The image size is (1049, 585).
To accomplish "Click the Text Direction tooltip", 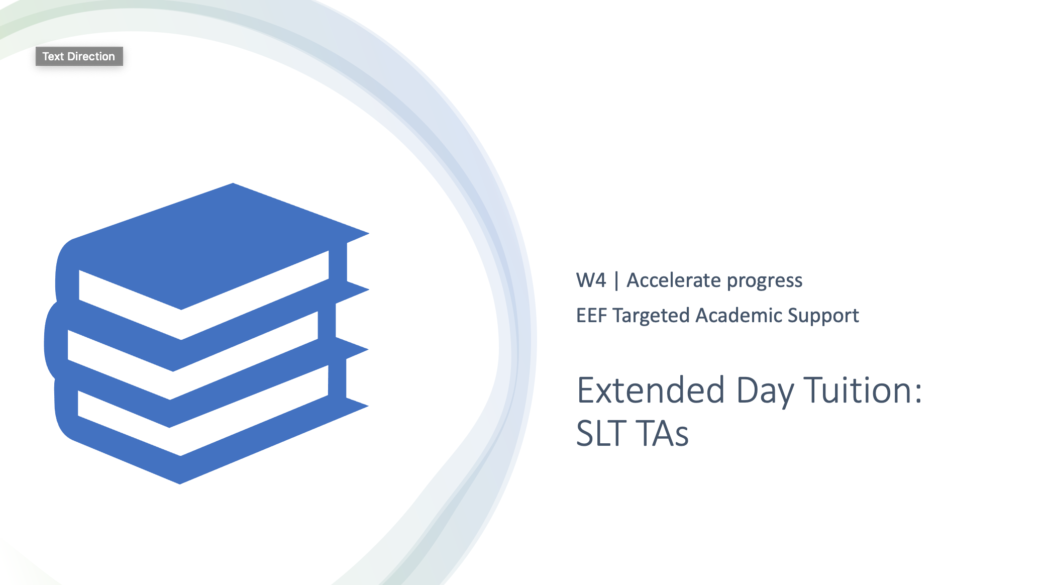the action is tap(79, 56).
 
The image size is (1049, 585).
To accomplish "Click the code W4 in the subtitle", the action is tap(591, 280).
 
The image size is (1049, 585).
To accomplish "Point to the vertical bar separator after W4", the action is tap(616, 281).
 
